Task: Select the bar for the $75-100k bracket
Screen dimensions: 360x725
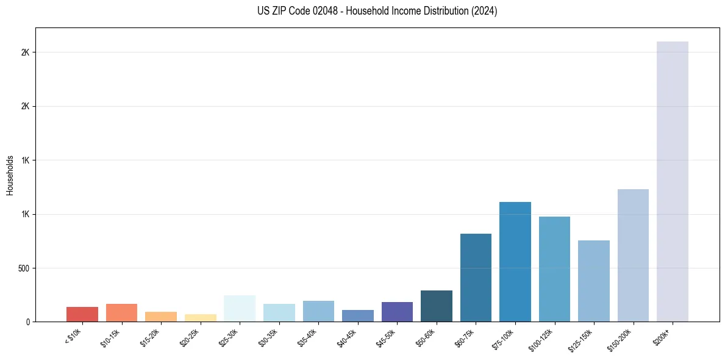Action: point(515,262)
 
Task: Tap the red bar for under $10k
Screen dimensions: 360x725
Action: point(82,314)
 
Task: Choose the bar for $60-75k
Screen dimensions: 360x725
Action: point(476,278)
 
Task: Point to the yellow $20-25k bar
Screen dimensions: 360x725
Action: point(201,318)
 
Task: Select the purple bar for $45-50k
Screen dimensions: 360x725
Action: point(397,312)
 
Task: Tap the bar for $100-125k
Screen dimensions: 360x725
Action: point(554,269)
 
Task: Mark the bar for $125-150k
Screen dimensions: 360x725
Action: point(593,281)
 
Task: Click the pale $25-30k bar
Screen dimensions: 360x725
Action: point(240,308)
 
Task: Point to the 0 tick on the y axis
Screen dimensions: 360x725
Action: point(28,322)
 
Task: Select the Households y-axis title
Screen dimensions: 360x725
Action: point(10,175)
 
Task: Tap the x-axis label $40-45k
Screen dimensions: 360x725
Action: point(347,336)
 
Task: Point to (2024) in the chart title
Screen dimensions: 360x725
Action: point(485,11)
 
